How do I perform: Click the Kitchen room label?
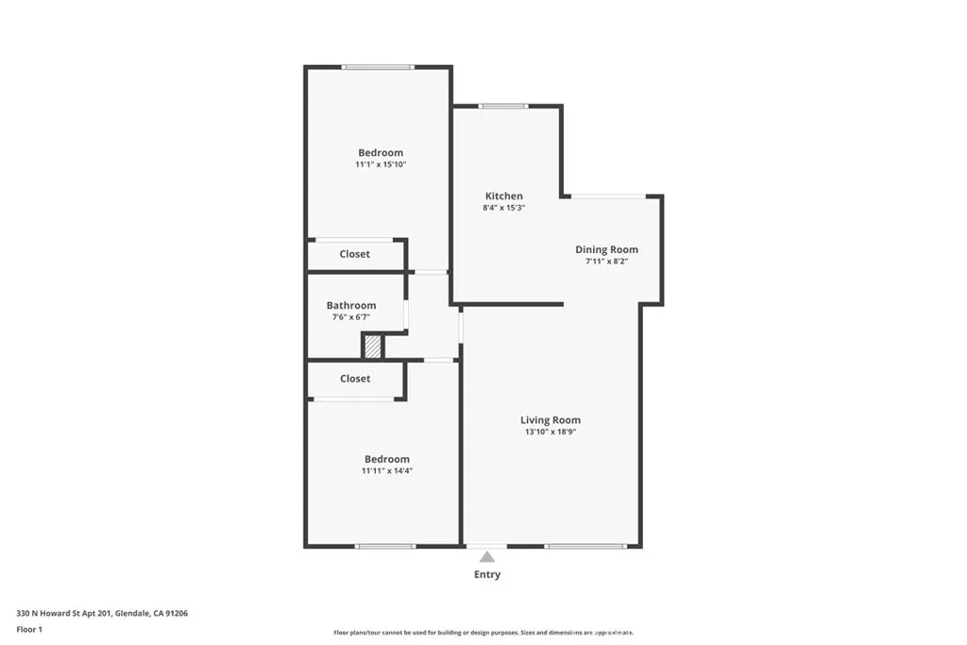point(503,195)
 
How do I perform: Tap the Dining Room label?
point(606,249)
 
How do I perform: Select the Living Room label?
point(551,419)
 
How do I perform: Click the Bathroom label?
point(351,305)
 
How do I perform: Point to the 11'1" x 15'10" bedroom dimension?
point(380,164)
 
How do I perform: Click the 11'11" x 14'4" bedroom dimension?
point(387,470)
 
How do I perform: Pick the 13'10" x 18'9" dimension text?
point(551,432)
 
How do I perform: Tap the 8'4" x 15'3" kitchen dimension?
point(503,208)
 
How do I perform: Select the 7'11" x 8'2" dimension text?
point(606,262)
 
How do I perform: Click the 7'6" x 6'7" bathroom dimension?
point(351,317)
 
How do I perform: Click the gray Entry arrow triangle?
point(487,557)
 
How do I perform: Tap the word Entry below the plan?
point(487,574)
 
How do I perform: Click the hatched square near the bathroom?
point(374,347)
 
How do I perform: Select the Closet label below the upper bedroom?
point(355,254)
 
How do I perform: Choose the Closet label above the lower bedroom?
point(355,379)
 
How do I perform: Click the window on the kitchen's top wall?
point(503,106)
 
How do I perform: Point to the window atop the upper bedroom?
point(378,67)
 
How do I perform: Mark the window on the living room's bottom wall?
point(585,546)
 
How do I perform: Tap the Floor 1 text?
point(29,628)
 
